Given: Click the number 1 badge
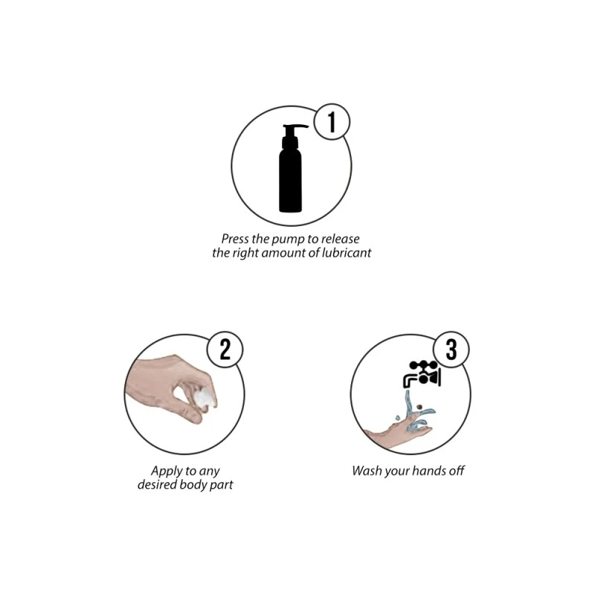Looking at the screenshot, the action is pyautogui.click(x=332, y=122).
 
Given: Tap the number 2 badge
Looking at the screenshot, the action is pyautogui.click(x=225, y=349).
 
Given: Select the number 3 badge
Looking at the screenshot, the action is pyautogui.click(x=451, y=349).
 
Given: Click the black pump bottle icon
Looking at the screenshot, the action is pyautogui.click(x=292, y=168).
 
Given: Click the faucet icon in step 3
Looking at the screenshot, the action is pyautogui.click(x=422, y=374).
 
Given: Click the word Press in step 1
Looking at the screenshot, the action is pyautogui.click(x=235, y=239).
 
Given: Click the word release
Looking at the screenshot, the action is pyautogui.click(x=340, y=239).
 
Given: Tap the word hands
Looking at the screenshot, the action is pyautogui.click(x=429, y=471).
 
